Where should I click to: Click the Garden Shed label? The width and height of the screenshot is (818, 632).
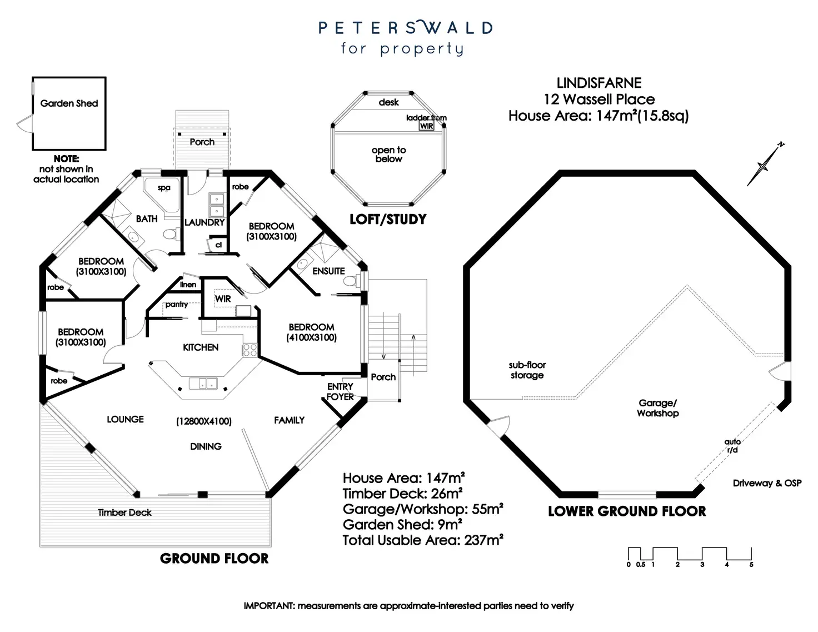click(x=69, y=103)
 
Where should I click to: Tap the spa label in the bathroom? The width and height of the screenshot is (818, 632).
click(x=164, y=188)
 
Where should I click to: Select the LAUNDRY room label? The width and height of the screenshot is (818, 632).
click(x=205, y=222)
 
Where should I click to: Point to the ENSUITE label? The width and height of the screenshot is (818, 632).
click(x=328, y=271)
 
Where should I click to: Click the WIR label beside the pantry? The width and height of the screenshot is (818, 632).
click(x=223, y=299)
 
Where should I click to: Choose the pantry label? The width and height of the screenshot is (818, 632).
click(x=177, y=305)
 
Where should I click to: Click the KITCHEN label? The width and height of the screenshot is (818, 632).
click(x=201, y=347)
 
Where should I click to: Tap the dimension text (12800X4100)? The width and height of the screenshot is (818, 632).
click(x=204, y=421)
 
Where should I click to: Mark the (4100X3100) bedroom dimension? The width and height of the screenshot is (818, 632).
click(x=311, y=337)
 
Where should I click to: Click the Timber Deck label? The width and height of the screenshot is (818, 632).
click(x=124, y=512)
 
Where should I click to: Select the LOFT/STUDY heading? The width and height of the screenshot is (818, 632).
click(x=388, y=220)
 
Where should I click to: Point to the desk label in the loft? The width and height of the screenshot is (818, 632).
click(x=389, y=102)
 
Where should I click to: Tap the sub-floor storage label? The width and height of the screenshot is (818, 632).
click(x=527, y=370)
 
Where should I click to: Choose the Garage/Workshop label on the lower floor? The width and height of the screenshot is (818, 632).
click(x=658, y=408)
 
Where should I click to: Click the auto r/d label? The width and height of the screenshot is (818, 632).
click(x=732, y=446)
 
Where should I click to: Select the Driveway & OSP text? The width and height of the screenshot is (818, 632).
click(x=767, y=483)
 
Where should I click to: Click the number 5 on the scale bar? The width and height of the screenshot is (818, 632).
click(x=751, y=565)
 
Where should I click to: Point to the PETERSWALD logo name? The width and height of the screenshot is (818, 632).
click(x=405, y=28)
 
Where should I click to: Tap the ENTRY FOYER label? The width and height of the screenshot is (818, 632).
click(x=340, y=392)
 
